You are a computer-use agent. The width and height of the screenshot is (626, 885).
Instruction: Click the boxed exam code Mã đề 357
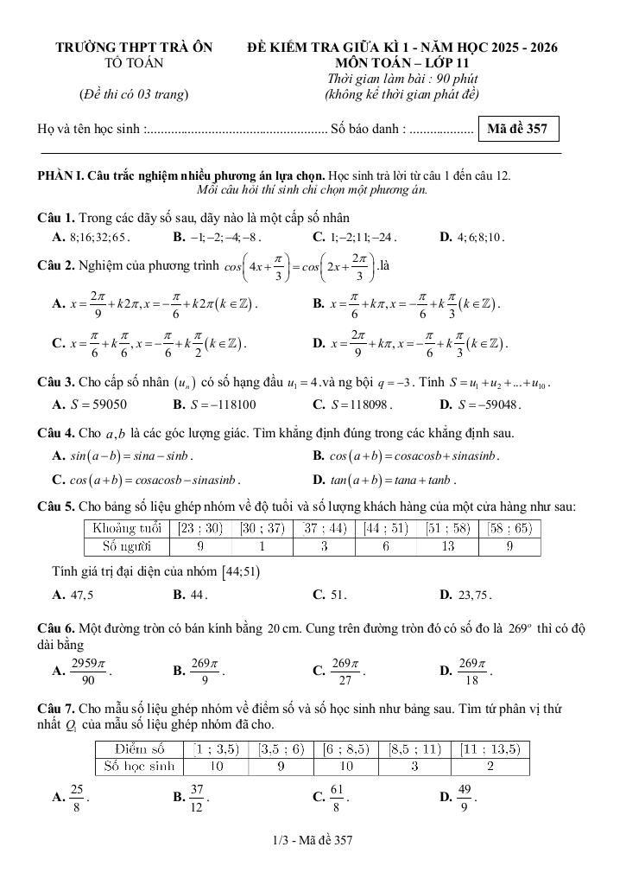518,130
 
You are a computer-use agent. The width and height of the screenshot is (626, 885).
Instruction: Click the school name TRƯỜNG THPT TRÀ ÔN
134,48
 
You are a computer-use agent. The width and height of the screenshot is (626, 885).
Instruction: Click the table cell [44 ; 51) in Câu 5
388,528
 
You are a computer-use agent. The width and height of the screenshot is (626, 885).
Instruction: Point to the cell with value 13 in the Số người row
447,545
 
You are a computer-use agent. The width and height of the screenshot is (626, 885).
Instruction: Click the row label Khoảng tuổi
127,528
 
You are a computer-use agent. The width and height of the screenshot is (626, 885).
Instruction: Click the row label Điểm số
141,748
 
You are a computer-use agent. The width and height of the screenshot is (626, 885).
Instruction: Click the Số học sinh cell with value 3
414,766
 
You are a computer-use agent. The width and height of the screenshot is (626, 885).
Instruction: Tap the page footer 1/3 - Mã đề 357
312,839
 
